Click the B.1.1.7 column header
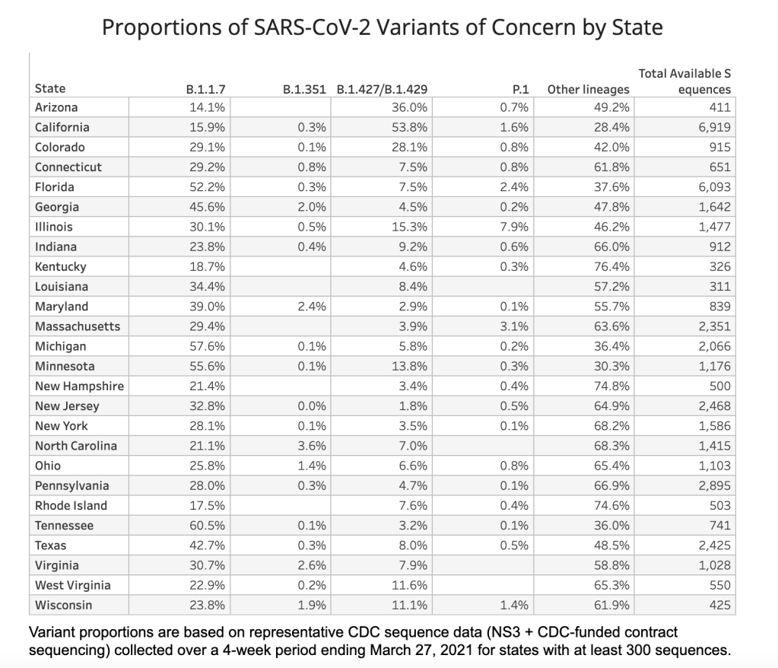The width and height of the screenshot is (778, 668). click(x=206, y=88)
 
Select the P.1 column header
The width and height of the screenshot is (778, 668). click(x=521, y=88)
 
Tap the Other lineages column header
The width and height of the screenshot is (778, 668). click(x=588, y=88)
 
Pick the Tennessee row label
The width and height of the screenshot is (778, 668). click(x=64, y=526)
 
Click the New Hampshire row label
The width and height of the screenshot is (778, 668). click(x=79, y=386)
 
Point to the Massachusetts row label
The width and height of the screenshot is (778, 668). click(x=77, y=326)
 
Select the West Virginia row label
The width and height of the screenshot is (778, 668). click(x=72, y=585)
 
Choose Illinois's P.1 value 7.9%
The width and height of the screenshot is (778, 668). click(x=515, y=227)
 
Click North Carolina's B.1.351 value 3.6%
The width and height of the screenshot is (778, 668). click(x=313, y=446)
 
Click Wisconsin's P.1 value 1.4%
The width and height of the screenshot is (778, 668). click(x=515, y=606)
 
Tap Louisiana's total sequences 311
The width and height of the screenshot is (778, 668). click(x=719, y=287)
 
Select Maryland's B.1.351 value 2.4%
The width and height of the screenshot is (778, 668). click(x=313, y=307)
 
